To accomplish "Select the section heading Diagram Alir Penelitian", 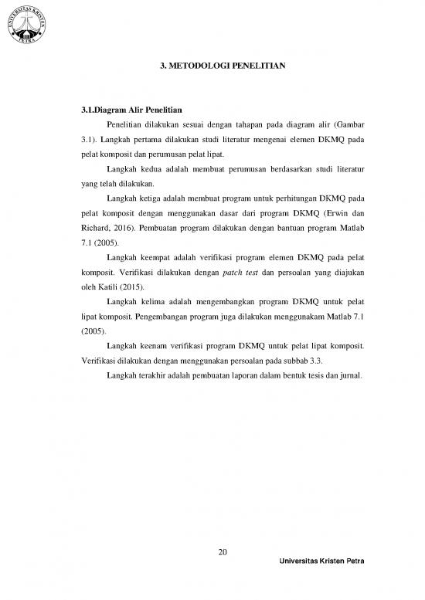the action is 139,109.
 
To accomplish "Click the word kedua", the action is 148,168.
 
